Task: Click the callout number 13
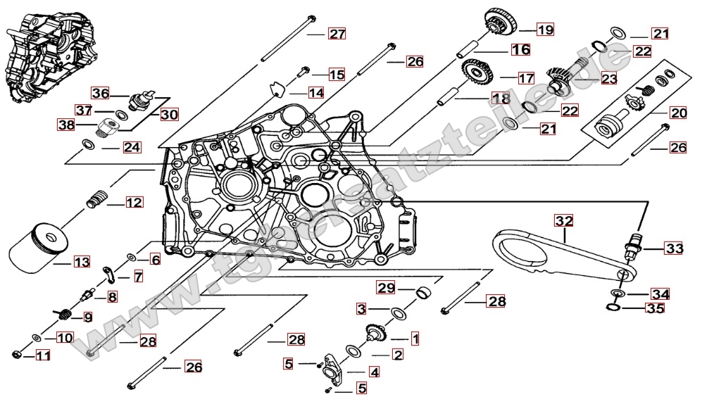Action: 82,263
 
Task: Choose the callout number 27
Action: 337,34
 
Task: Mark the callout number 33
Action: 674,248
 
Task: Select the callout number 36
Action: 101,94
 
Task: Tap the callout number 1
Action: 415,339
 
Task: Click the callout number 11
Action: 43,356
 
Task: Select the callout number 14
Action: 315,92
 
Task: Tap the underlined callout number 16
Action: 520,50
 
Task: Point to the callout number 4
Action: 374,372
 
